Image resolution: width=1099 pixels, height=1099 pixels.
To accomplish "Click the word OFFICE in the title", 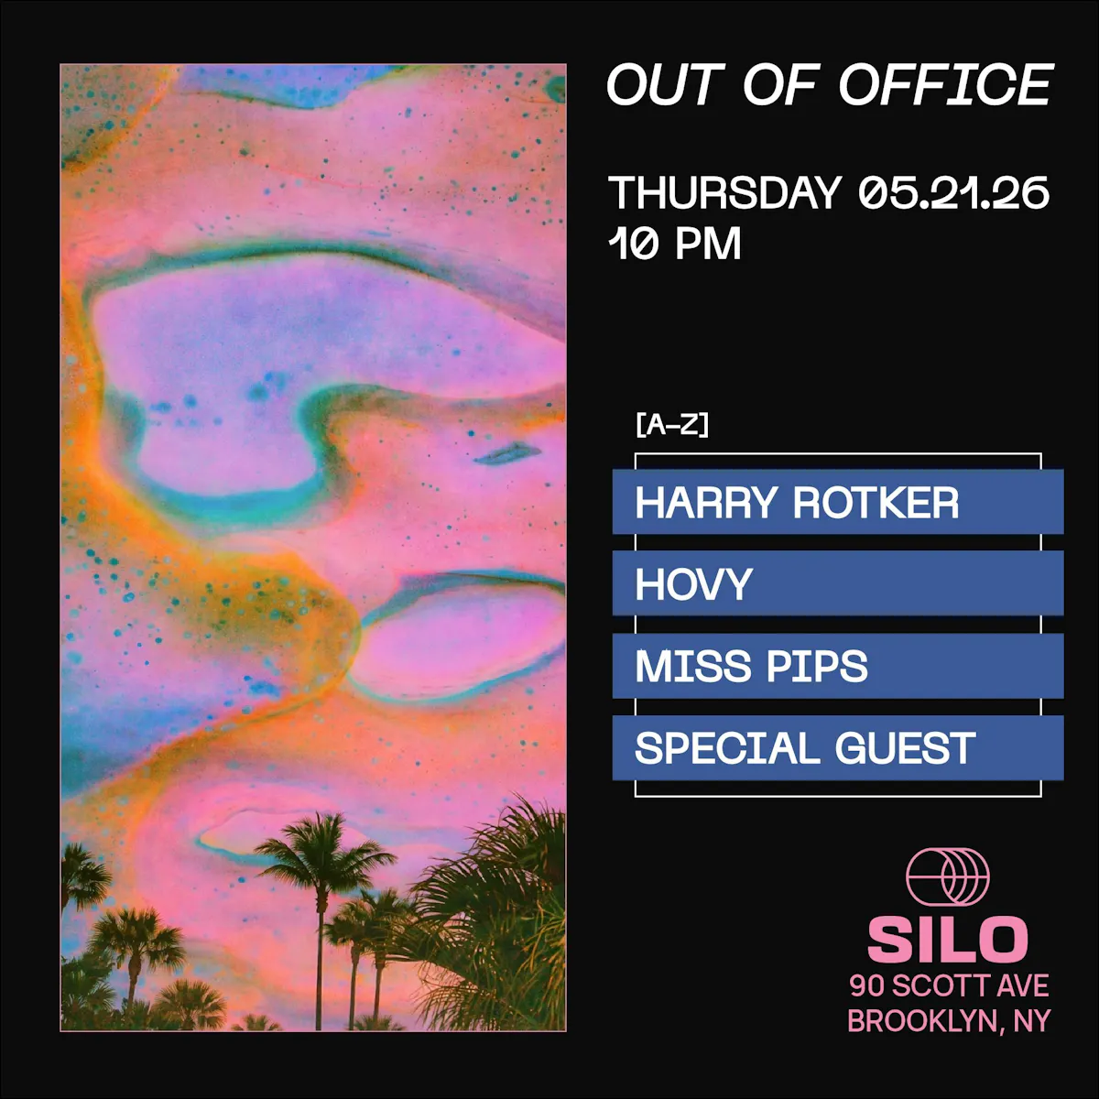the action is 945,84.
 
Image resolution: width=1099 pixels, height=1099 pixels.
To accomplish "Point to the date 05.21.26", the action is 953,192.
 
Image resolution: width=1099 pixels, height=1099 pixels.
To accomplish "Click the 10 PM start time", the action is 675,244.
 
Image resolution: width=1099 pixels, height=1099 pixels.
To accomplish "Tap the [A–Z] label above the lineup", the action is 672,426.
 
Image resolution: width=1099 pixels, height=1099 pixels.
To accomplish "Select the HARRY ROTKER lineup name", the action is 798,503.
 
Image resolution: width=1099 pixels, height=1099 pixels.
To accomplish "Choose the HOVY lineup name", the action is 694,584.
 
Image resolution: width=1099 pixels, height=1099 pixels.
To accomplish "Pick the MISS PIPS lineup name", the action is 752,666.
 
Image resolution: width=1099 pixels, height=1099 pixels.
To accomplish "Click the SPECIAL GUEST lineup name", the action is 805,747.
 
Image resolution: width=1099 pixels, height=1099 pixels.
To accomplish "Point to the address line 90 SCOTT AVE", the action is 949,985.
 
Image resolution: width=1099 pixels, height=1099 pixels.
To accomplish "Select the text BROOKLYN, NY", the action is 949,1020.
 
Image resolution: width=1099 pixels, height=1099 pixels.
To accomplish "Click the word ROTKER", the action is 876,503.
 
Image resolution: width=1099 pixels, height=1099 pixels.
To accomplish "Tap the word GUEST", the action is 906,747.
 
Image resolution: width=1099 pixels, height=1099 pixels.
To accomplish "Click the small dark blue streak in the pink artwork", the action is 507,454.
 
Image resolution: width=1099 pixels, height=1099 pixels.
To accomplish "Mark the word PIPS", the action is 818,666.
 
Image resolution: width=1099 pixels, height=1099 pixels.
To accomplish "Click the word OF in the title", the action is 781,84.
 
